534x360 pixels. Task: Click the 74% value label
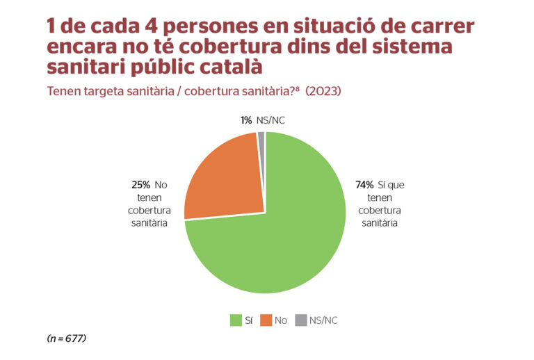pyautogui.click(x=364, y=185)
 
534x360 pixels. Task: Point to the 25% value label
pyautogui.click(x=141, y=185)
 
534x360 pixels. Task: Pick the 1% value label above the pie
pyautogui.click(x=246, y=120)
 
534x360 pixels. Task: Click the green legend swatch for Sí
pyautogui.click(x=236, y=320)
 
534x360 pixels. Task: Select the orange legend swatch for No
pyautogui.click(x=266, y=320)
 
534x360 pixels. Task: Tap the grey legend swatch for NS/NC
pyautogui.click(x=300, y=320)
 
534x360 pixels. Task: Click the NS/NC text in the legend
pyautogui.click(x=323, y=320)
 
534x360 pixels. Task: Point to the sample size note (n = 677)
pyautogui.click(x=66, y=338)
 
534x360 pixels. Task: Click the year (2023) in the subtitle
pyautogui.click(x=323, y=91)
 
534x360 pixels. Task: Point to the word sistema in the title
pyautogui.click(x=411, y=47)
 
